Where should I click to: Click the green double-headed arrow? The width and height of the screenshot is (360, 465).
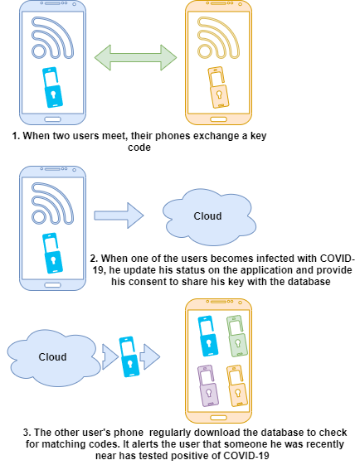pyautogui.click(x=135, y=57)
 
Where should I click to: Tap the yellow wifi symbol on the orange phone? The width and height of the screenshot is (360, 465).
pyautogui.click(x=216, y=38)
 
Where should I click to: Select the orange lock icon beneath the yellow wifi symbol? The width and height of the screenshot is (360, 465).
pyautogui.click(x=218, y=88)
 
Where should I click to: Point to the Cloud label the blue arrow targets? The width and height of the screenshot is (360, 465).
pyautogui.click(x=207, y=216)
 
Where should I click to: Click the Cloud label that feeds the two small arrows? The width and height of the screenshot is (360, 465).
pyautogui.click(x=52, y=357)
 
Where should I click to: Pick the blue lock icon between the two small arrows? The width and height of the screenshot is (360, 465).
pyautogui.click(x=129, y=356)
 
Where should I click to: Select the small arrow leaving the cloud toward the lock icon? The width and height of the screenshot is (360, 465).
pyautogui.click(x=109, y=357)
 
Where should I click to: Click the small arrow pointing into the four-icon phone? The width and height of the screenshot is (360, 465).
pyautogui.click(x=150, y=357)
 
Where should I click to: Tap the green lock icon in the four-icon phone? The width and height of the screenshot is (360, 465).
pyautogui.click(x=236, y=336)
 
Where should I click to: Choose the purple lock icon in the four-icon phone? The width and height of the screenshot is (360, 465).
pyautogui.click(x=207, y=385)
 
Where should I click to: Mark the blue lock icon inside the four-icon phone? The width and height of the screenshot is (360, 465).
pyautogui.click(x=207, y=336)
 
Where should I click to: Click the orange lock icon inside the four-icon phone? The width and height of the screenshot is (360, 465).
pyautogui.click(x=236, y=385)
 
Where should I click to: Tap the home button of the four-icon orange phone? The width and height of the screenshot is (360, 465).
pyautogui.click(x=218, y=417)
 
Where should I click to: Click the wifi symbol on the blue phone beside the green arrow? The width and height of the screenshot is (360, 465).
pyautogui.click(x=51, y=38)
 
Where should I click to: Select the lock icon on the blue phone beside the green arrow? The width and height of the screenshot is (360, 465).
pyautogui.click(x=52, y=88)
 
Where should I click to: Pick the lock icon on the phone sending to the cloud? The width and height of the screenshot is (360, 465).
pyautogui.click(x=52, y=254)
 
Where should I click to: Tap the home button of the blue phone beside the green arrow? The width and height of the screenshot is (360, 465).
pyautogui.click(x=52, y=119)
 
